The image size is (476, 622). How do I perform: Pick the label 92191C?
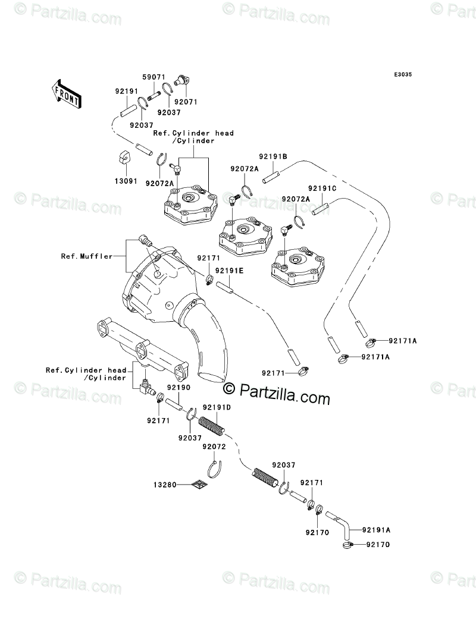[x=322, y=188]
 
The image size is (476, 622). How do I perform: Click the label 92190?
[x=178, y=387]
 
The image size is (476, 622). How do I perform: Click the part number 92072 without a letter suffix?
[x=214, y=446]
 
